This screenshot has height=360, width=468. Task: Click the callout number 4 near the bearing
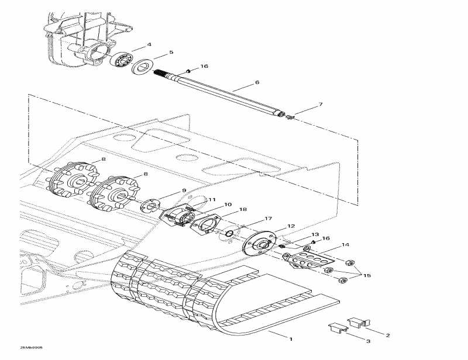click(149, 44)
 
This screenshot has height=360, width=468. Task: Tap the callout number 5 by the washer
click(171, 53)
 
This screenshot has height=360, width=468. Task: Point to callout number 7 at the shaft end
click(320, 105)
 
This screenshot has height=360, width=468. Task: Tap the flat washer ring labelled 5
click(142, 67)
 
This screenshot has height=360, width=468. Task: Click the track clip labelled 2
click(356, 323)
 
